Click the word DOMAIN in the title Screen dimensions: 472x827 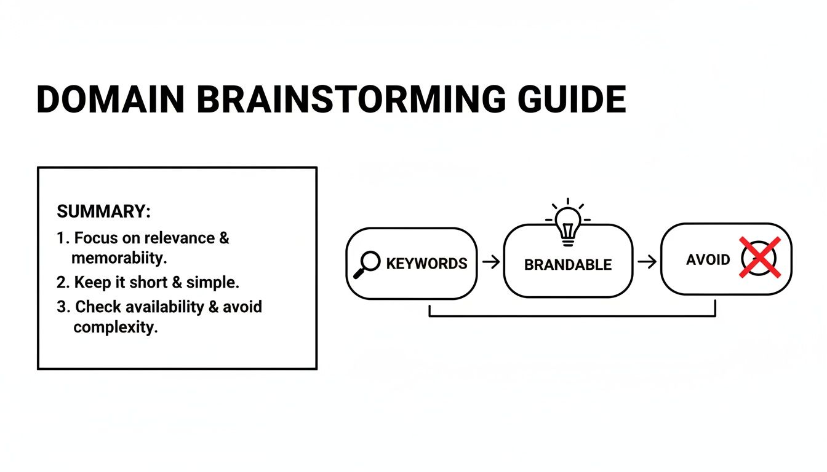[111, 100]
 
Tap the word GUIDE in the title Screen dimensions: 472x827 [572, 100]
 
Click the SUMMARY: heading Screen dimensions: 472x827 [103, 211]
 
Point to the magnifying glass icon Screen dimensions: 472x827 [367, 264]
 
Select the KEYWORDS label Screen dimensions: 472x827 [426, 264]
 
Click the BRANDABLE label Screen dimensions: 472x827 [568, 265]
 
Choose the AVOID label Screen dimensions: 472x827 [708, 259]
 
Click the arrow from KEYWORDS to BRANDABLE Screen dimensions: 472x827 [491, 263]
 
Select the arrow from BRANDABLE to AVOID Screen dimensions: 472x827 [647, 262]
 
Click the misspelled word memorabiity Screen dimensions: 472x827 [119, 258]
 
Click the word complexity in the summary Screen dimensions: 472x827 [115, 327]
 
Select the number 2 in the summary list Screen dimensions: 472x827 [61, 283]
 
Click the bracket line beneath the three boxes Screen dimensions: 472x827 [572, 316]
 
